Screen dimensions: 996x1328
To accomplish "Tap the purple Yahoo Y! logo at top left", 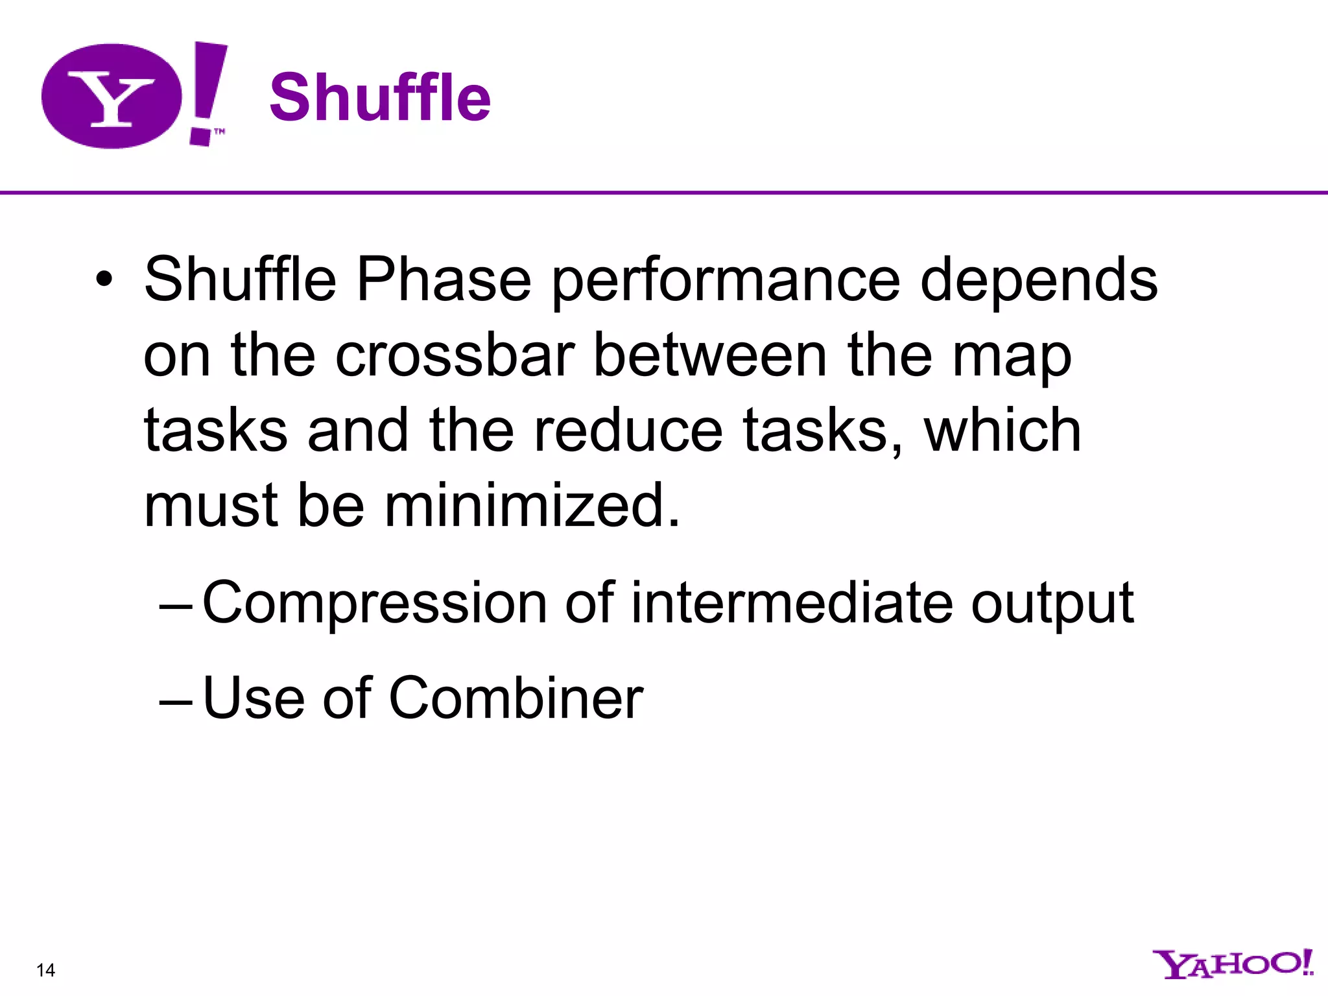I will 134,96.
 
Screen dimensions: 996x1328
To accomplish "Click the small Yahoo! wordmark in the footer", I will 1232,964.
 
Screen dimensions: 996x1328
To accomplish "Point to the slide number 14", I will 46,970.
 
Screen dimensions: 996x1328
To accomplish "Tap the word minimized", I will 532,505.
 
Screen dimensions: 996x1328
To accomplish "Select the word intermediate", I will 792,602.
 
